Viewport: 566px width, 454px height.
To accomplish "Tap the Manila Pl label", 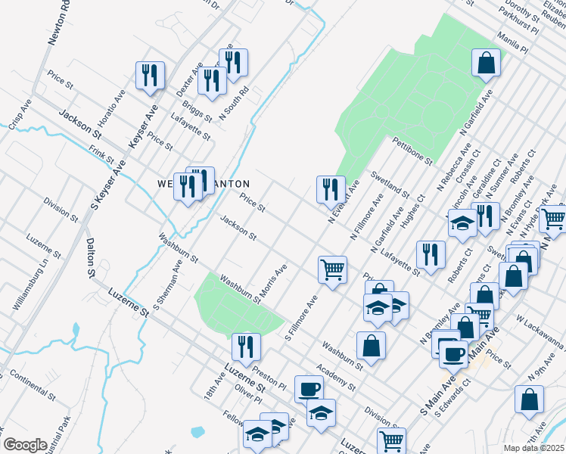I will (512, 42).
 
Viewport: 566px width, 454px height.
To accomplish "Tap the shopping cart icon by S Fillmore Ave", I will (332, 269).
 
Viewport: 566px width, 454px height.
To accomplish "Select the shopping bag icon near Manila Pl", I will (486, 63).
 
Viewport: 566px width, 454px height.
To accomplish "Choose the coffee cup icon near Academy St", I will (308, 389).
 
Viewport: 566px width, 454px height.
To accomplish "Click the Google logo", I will (25, 444).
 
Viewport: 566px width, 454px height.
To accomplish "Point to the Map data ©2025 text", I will (534, 448).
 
